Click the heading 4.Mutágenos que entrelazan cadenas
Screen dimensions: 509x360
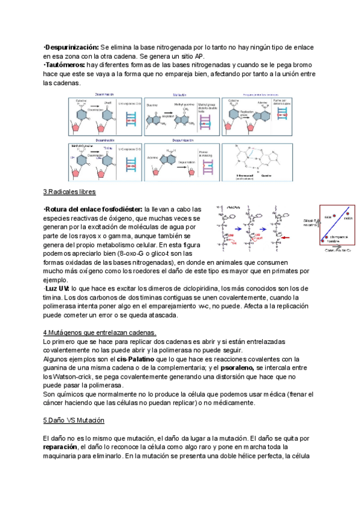100,333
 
